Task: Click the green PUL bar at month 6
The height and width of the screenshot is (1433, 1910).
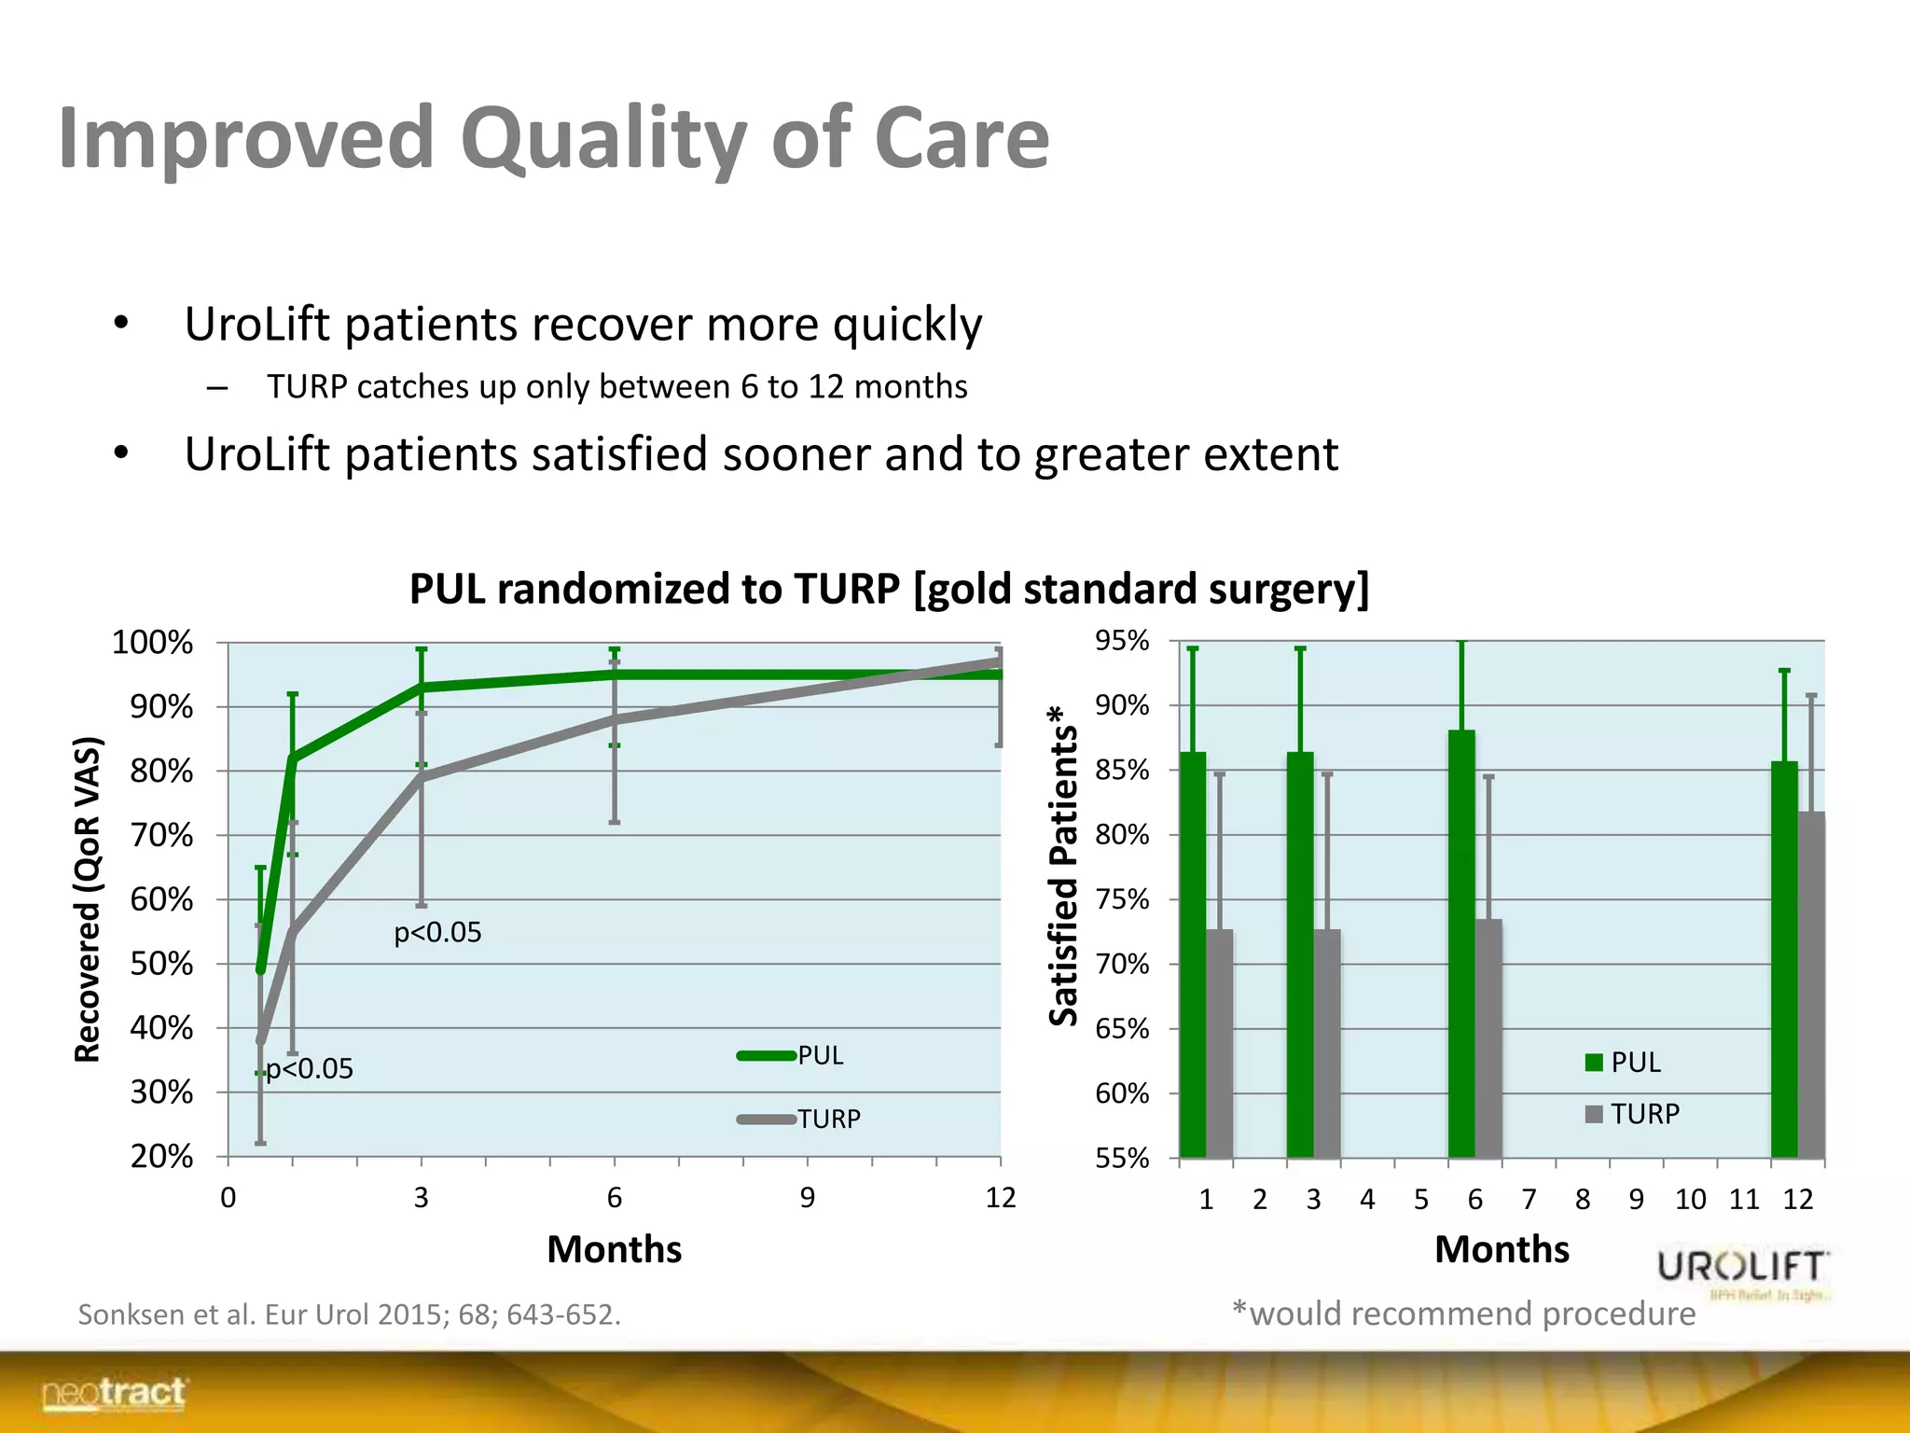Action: click(1461, 942)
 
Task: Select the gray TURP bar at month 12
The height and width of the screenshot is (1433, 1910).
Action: click(1811, 984)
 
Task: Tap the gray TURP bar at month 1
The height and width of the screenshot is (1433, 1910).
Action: click(1220, 1043)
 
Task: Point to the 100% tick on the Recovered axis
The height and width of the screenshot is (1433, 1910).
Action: click(153, 643)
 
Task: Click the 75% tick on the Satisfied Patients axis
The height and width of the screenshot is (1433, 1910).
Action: click(1122, 899)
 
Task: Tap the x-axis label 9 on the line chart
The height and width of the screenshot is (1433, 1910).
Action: click(808, 1197)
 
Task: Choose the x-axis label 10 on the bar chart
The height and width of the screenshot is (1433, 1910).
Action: click(1690, 1199)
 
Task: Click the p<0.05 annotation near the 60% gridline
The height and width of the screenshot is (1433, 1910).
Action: click(437, 932)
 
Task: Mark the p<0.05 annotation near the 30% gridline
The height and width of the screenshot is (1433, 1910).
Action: click(310, 1068)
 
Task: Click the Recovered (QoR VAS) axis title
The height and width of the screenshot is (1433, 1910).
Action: click(87, 899)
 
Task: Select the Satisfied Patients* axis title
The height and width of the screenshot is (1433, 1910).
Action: click(1063, 866)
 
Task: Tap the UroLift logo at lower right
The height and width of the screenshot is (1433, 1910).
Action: click(1742, 1271)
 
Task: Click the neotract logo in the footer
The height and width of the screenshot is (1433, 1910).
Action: click(114, 1394)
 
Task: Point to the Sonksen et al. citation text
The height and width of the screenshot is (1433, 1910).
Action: click(349, 1315)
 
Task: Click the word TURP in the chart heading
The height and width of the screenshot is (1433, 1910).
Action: click(847, 590)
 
